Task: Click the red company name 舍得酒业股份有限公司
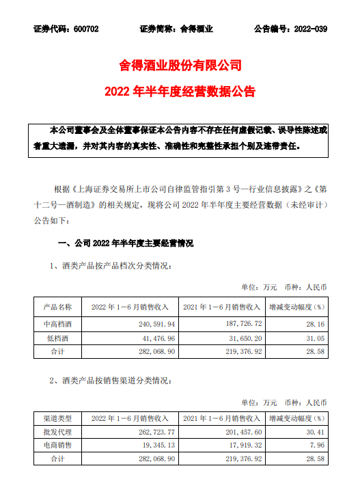point(180,66)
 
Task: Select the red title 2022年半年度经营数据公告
point(180,90)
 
